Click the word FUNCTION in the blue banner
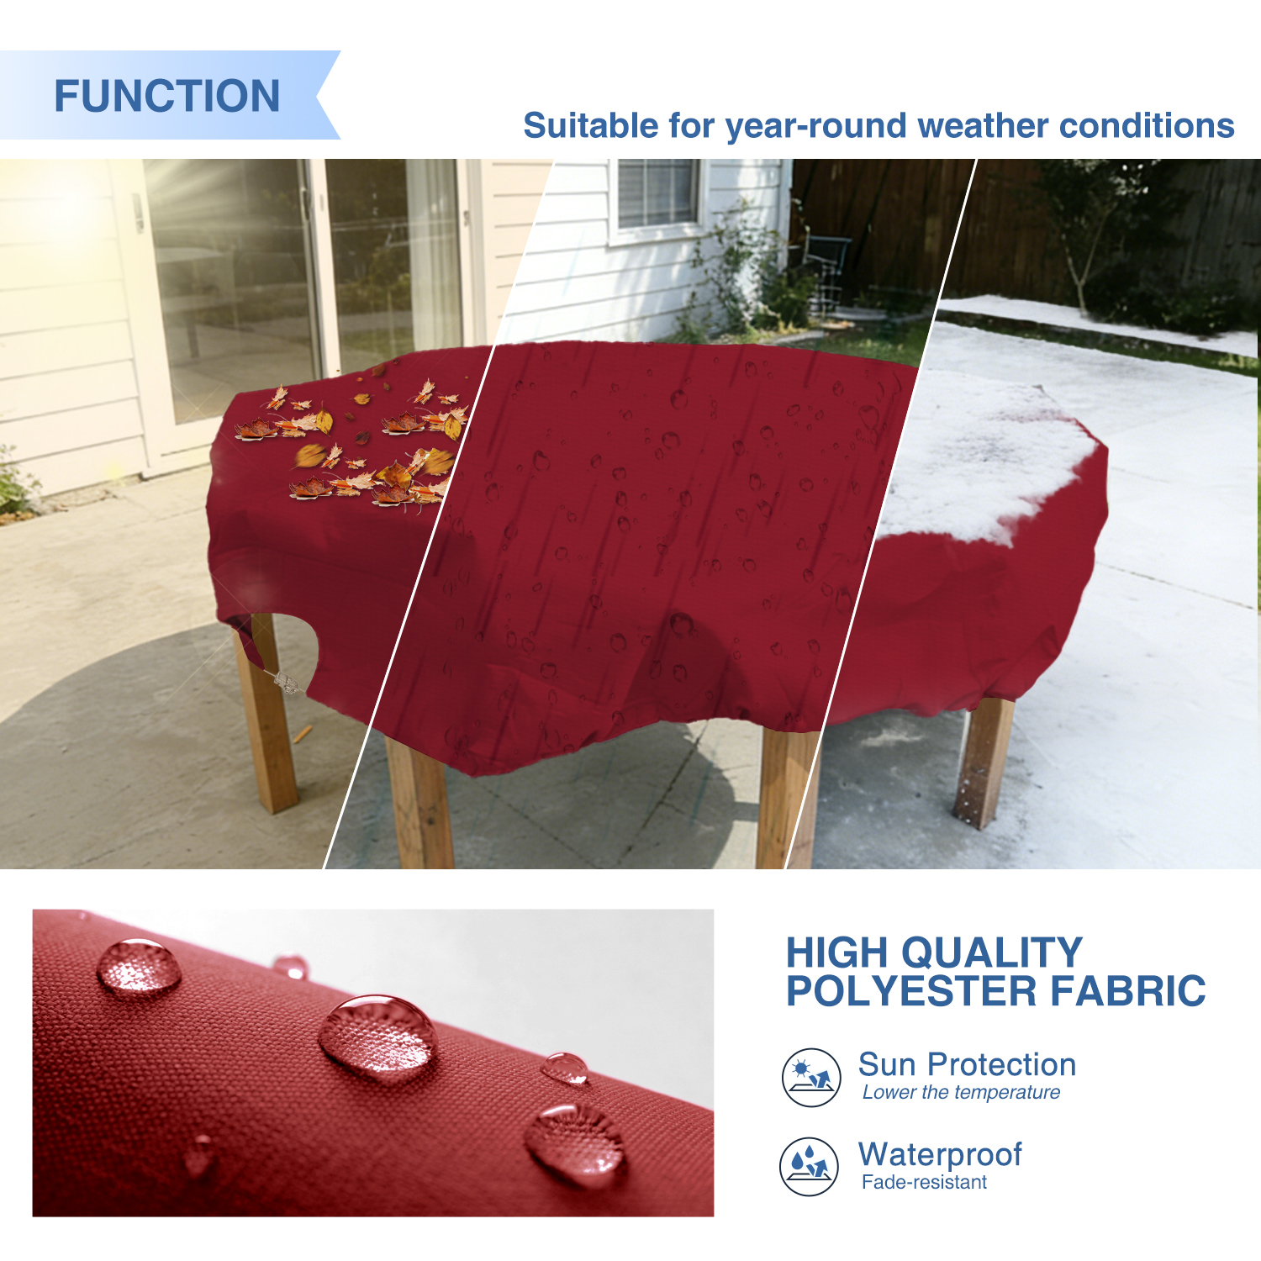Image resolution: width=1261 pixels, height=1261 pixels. click(167, 96)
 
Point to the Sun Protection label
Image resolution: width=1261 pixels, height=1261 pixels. click(967, 1064)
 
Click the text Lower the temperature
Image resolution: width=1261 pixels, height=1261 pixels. click(961, 1092)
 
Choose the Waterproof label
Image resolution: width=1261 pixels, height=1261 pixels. click(940, 1155)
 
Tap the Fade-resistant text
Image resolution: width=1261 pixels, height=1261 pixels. click(924, 1182)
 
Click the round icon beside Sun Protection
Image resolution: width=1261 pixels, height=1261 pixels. click(811, 1078)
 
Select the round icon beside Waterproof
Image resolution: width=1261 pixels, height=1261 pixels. click(809, 1167)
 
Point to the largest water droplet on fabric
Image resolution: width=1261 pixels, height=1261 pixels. click(378, 1037)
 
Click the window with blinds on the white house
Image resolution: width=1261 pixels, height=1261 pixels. click(658, 193)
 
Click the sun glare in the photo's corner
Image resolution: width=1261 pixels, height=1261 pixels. click(59, 210)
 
